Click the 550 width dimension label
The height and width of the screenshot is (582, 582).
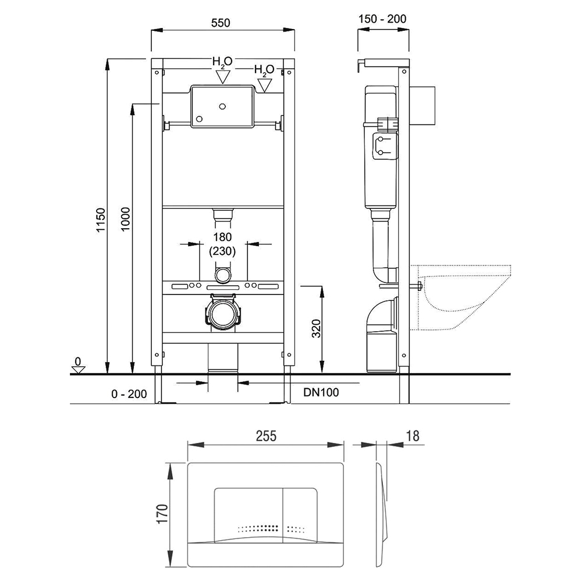tap(221, 23)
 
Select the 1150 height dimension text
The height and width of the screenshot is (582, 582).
tap(101, 220)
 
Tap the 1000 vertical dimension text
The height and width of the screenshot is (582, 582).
tap(126, 219)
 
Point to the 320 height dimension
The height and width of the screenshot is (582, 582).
tap(316, 328)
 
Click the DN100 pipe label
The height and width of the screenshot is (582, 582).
tap(321, 392)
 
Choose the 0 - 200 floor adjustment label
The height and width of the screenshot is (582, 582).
tap(129, 394)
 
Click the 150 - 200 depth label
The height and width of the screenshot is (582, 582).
tap(382, 19)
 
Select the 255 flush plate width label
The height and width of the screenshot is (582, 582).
tap(266, 436)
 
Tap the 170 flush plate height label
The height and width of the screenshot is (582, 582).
tap(162, 513)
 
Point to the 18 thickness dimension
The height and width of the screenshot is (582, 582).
tap(413, 436)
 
